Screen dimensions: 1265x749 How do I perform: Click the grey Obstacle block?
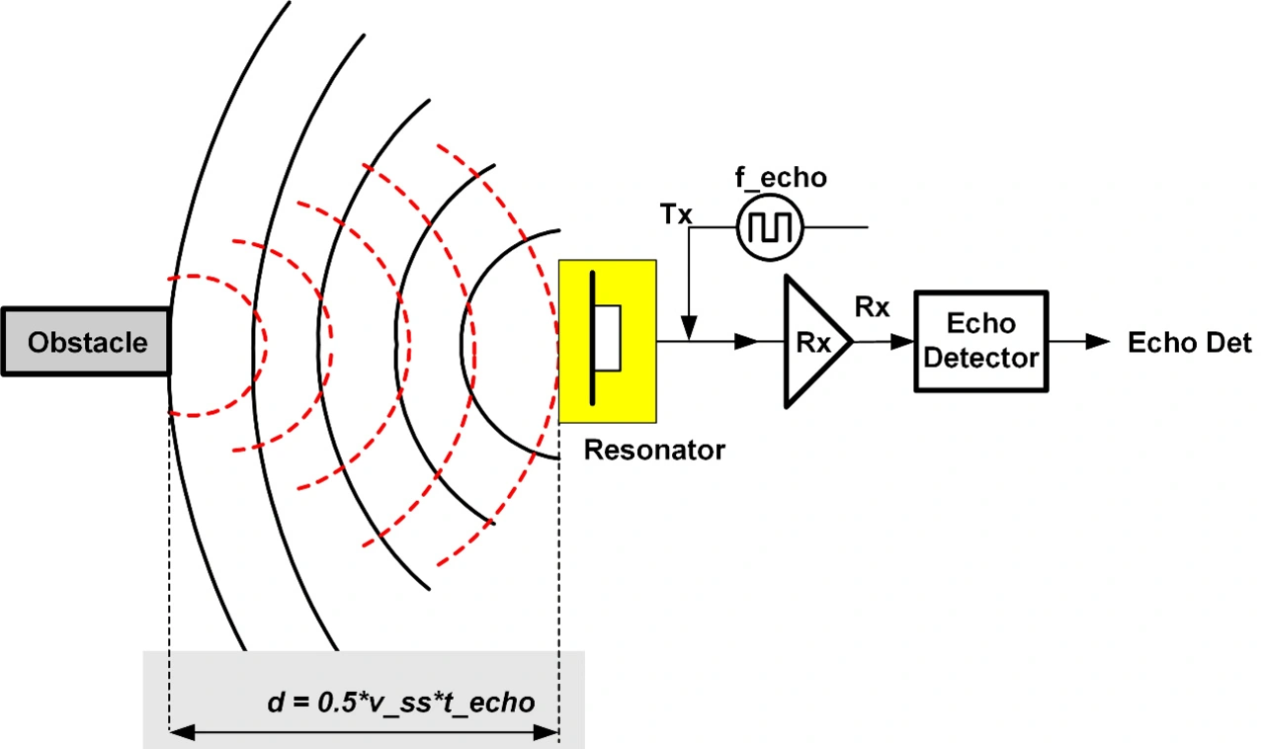pos(86,342)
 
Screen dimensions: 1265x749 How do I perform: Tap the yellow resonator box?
pos(608,341)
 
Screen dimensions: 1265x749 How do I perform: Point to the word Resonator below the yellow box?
pos(654,451)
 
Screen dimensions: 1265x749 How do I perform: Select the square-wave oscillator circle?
pos(770,227)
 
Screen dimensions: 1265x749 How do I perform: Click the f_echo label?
pos(781,178)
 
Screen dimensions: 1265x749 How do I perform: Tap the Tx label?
pos(676,214)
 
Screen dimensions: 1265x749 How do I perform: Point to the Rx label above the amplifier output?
pos(872,307)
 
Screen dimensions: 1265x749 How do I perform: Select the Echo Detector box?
pos(981,341)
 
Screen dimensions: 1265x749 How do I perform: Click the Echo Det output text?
pos(1189,342)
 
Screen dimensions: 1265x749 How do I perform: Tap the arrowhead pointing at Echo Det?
pos(1098,342)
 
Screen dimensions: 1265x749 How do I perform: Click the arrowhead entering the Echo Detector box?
pos(902,342)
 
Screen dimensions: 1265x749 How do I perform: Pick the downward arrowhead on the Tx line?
pos(689,328)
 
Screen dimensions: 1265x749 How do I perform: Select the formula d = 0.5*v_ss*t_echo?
pos(401,703)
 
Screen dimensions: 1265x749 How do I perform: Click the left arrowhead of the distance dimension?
pos(182,732)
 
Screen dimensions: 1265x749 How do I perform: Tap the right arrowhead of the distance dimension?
pos(547,732)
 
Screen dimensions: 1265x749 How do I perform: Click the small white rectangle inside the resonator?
pos(608,338)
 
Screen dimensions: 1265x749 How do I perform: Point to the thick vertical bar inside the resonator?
pos(592,338)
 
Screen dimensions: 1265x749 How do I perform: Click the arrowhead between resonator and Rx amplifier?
pos(746,342)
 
